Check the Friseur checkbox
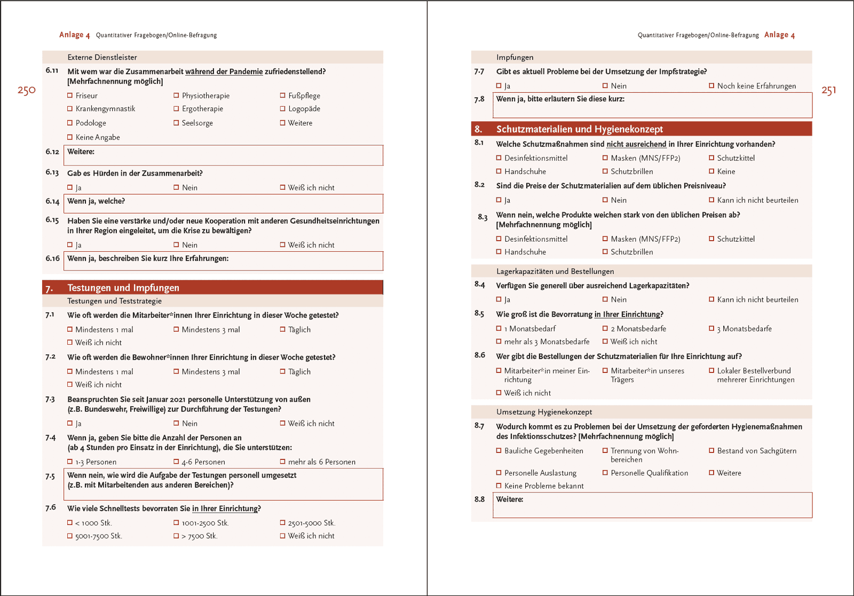coord(70,96)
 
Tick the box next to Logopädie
coord(283,109)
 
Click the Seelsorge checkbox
coord(176,123)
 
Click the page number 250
coord(26,90)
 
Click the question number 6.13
coord(52,172)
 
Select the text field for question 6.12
coord(223,156)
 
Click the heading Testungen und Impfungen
coord(123,288)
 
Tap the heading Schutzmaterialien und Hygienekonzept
coord(579,129)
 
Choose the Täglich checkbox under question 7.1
coord(283,330)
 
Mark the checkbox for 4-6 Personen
coord(176,462)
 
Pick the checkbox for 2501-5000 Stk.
coord(283,523)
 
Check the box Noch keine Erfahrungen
coord(711,86)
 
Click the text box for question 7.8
coord(652,106)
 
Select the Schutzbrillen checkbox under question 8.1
coord(605,171)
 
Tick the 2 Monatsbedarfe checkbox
coord(605,329)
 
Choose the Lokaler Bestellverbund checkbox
coord(711,370)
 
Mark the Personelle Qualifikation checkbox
coord(605,473)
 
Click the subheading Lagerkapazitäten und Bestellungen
coord(555,271)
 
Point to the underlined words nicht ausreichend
coord(636,144)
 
